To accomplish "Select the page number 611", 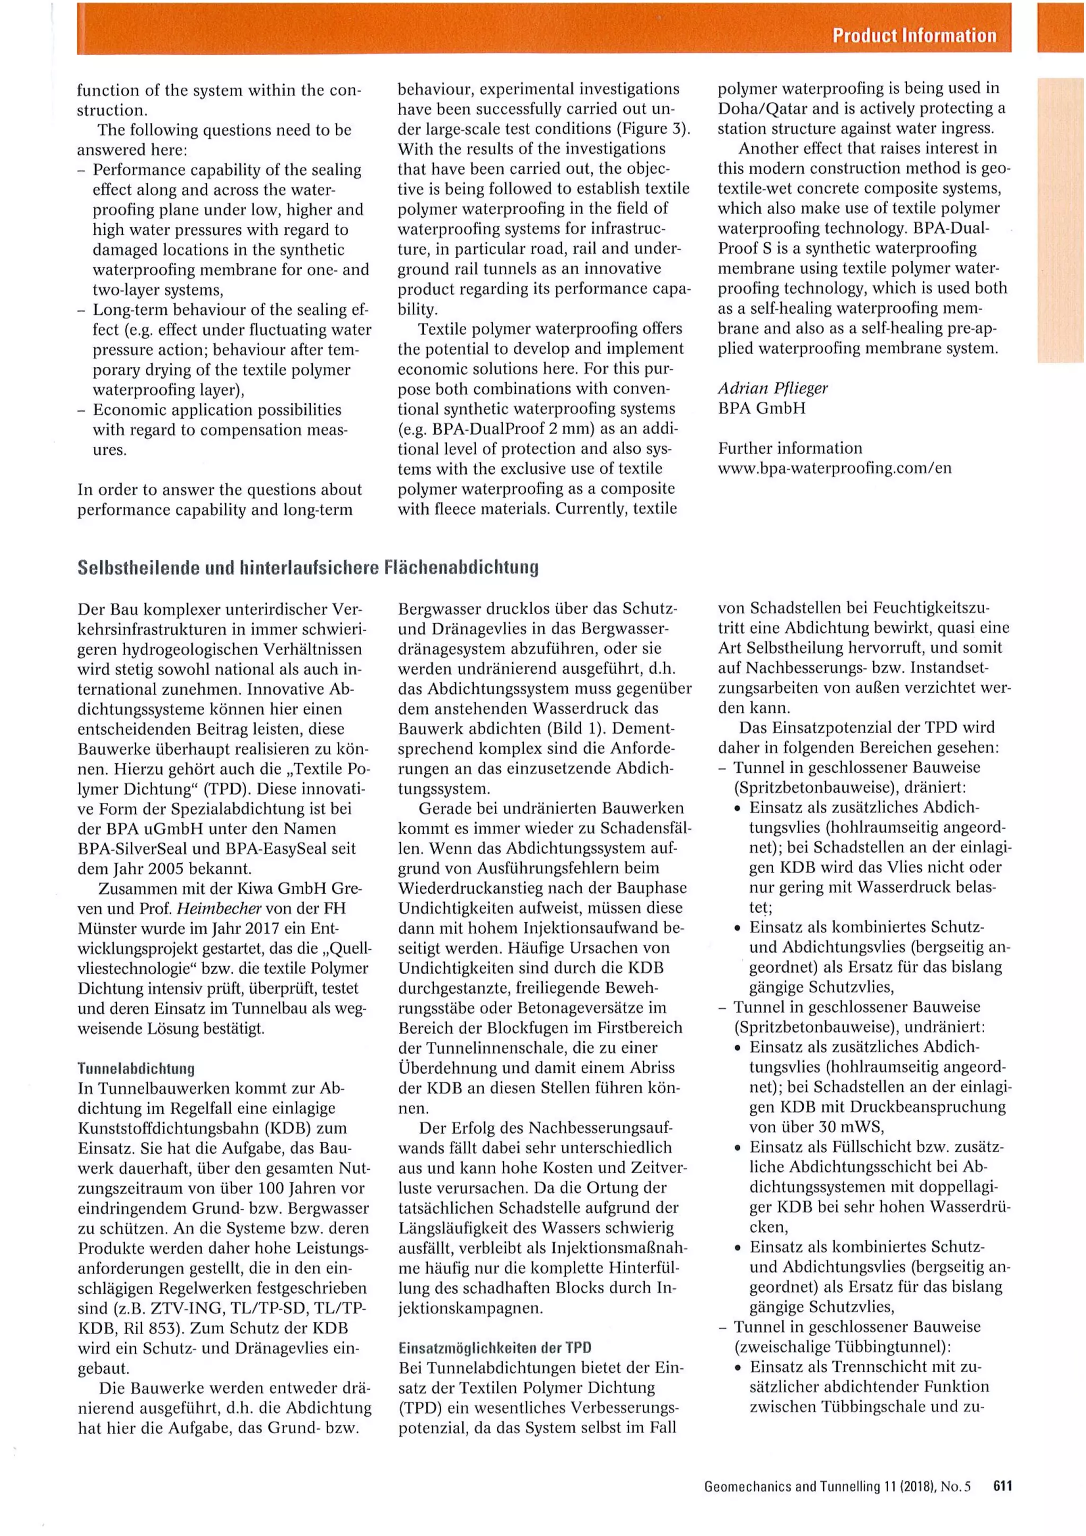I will coord(1002,1485).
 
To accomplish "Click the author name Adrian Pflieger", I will coord(772,388).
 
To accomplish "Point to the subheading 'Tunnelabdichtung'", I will coord(136,1069).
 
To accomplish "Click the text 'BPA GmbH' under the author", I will coord(761,408).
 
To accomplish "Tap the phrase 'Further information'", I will coord(790,448).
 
